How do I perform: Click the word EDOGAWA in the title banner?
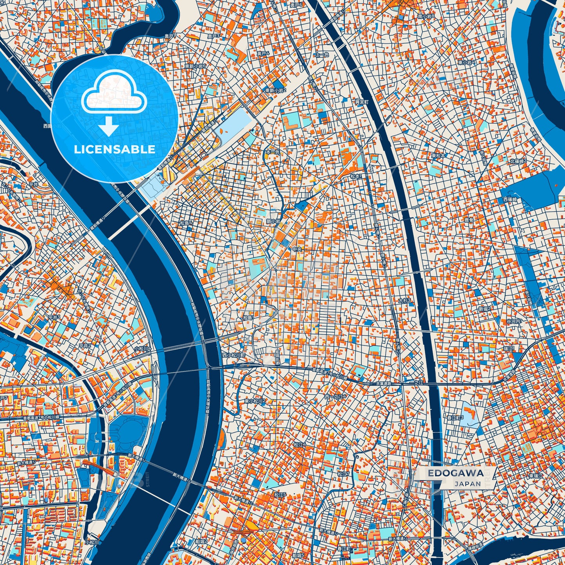pos(455,473)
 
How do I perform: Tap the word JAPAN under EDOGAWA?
pos(467,484)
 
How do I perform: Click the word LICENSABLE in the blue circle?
pos(115,149)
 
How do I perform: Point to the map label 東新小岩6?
pos(195,66)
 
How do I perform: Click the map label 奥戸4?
pos(263,53)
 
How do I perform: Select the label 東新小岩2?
pos(276,90)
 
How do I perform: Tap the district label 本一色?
pos(273,152)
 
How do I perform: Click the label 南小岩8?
pos(426,16)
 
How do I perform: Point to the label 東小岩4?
pos(466,62)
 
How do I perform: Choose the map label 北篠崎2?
pos(518,161)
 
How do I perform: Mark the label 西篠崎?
pos(510,199)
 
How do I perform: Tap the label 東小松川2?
pos(255,401)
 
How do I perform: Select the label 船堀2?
pos(202,542)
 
